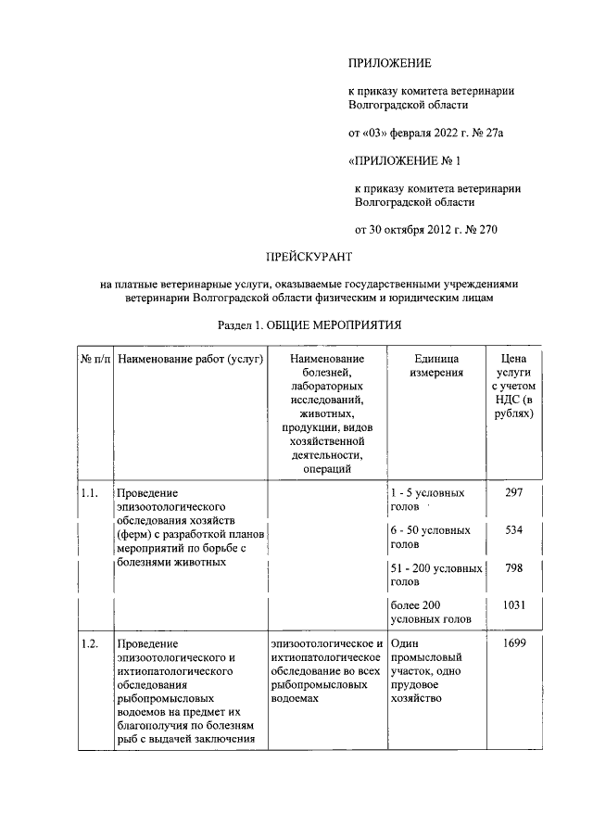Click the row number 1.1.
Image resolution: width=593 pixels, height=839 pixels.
click(x=90, y=493)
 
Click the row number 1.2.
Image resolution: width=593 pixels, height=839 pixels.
click(x=90, y=642)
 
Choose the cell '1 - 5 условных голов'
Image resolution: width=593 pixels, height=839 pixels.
click(x=427, y=500)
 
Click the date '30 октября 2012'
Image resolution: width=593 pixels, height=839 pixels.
click(x=409, y=230)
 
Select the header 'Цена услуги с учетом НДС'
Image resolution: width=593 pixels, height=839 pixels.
click(x=513, y=387)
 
